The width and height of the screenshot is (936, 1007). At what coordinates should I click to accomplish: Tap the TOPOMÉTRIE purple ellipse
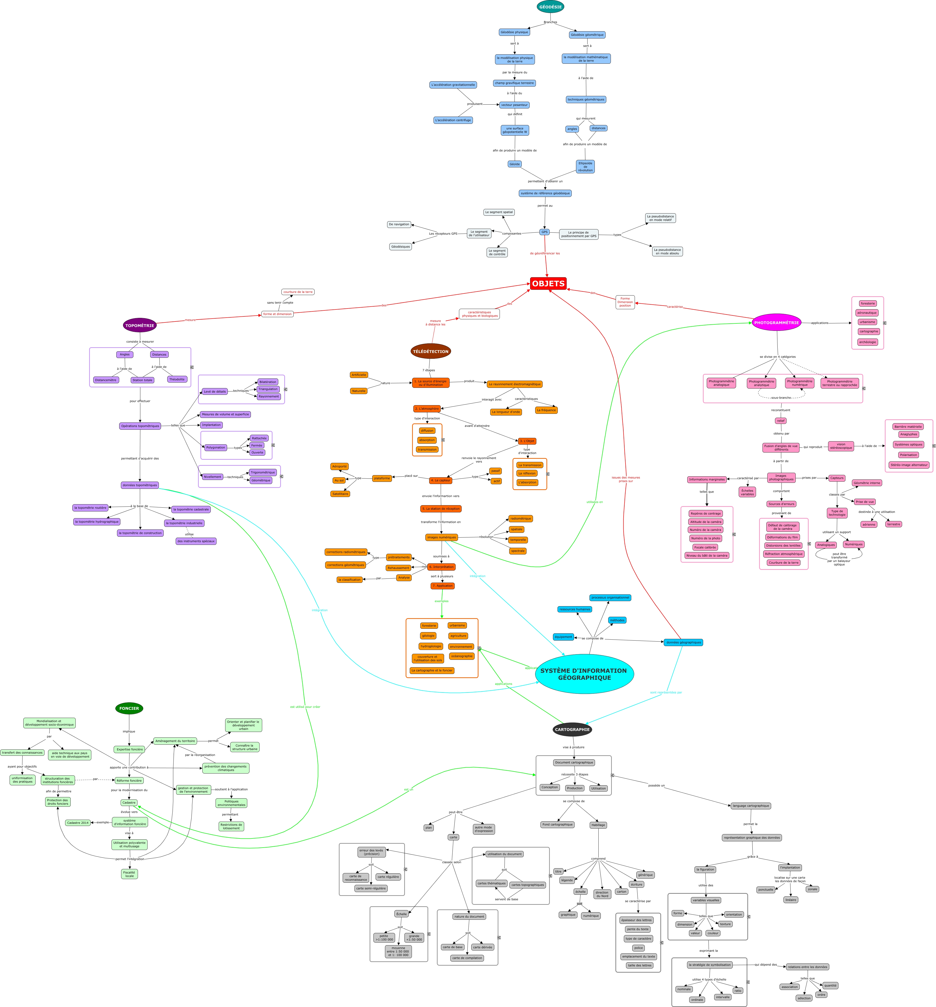click(x=140, y=325)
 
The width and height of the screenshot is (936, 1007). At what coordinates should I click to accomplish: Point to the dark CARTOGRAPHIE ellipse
click(x=572, y=730)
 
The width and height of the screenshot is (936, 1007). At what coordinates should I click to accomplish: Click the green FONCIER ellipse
click(x=129, y=708)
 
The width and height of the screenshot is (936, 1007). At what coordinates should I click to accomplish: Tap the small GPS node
click(x=544, y=232)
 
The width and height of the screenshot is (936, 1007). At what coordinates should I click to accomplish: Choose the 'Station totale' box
click(x=142, y=380)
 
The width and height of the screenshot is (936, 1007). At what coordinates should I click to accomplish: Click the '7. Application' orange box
click(x=442, y=585)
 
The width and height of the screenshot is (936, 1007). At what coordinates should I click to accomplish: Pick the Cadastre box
click(x=129, y=802)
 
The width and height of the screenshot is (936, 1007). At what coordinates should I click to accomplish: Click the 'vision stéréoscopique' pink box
click(x=841, y=446)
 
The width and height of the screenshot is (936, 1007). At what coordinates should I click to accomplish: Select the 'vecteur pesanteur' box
click(x=514, y=105)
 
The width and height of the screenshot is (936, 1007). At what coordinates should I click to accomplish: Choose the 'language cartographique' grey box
click(x=751, y=806)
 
